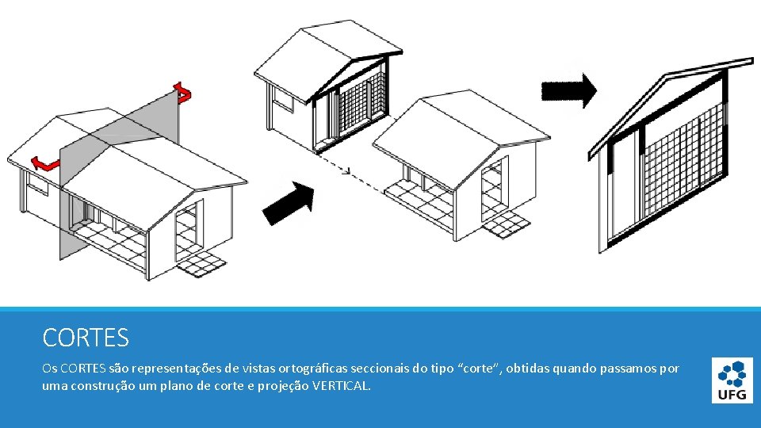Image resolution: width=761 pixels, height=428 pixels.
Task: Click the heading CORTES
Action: [x=86, y=338]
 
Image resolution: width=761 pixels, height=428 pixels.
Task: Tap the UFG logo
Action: [x=732, y=380]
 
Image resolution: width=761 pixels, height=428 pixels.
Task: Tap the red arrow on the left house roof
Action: [x=44, y=164]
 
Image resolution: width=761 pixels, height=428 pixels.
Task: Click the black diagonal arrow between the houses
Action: [x=289, y=204]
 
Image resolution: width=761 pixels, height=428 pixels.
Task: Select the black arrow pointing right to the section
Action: [x=569, y=90]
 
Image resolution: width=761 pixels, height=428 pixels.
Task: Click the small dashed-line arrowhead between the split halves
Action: [x=346, y=170]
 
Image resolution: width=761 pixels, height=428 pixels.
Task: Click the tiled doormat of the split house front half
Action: [x=507, y=224]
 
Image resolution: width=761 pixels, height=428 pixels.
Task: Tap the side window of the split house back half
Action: [x=283, y=99]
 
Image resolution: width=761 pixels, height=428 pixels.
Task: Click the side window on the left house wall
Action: [x=38, y=183]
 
